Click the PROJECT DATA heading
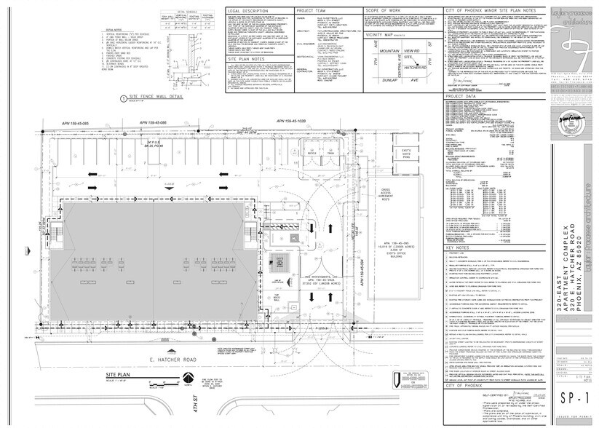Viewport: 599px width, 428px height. [x=460, y=95]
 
